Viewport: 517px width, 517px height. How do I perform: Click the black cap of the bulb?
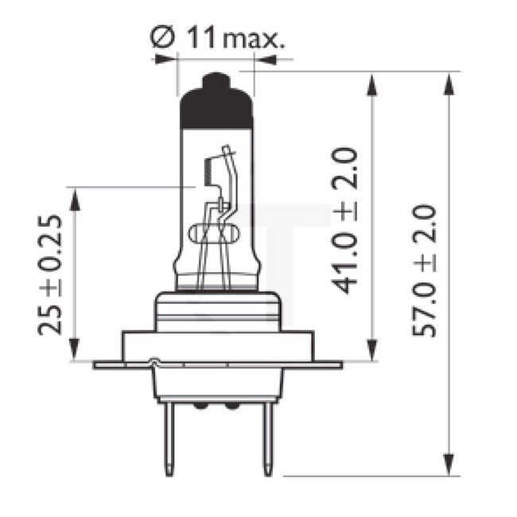[x=216, y=107]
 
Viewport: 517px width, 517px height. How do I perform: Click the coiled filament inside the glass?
[x=208, y=169]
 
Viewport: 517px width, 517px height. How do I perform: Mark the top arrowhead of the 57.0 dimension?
[x=450, y=80]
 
